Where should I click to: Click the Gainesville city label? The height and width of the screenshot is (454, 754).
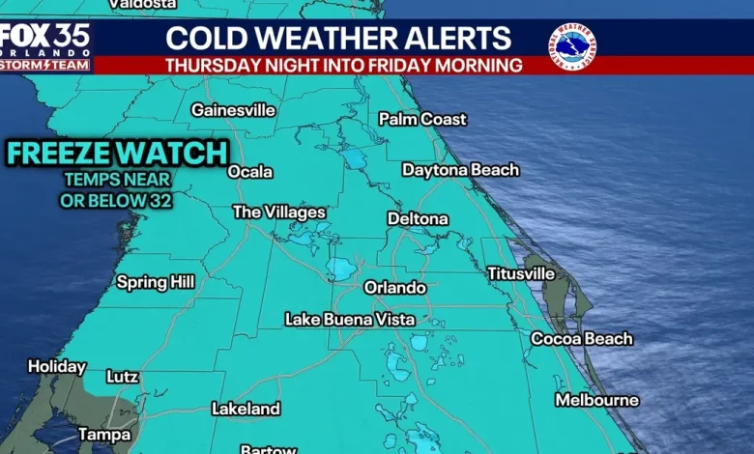pos(233,110)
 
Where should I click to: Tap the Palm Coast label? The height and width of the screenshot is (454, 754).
pos(422,119)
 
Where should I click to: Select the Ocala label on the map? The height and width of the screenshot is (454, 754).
pos(250,172)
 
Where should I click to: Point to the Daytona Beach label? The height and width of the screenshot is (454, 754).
pos(460,170)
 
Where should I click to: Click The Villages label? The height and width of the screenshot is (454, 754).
pos(279,213)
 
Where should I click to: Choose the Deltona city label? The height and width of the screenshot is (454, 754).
pos(418,219)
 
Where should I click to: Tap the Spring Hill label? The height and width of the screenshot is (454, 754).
pos(156,282)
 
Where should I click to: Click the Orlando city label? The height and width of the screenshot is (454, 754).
pos(394,288)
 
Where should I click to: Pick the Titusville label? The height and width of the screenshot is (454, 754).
pos(520,273)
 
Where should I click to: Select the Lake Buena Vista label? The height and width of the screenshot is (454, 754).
pos(350,320)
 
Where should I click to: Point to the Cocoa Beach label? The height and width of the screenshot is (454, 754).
pos(582,339)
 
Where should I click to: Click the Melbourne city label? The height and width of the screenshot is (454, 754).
pos(596,400)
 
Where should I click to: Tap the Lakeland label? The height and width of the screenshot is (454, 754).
pos(246,410)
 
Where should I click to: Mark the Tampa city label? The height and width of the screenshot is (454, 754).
pos(104,435)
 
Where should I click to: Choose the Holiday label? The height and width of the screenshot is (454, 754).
pos(57,367)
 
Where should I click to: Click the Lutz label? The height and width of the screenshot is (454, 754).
pos(122,377)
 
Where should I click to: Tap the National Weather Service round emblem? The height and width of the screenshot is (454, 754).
pos(571,46)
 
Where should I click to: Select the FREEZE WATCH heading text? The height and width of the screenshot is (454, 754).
pos(118,153)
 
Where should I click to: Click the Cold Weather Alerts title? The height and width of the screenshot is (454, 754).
pos(338,39)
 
